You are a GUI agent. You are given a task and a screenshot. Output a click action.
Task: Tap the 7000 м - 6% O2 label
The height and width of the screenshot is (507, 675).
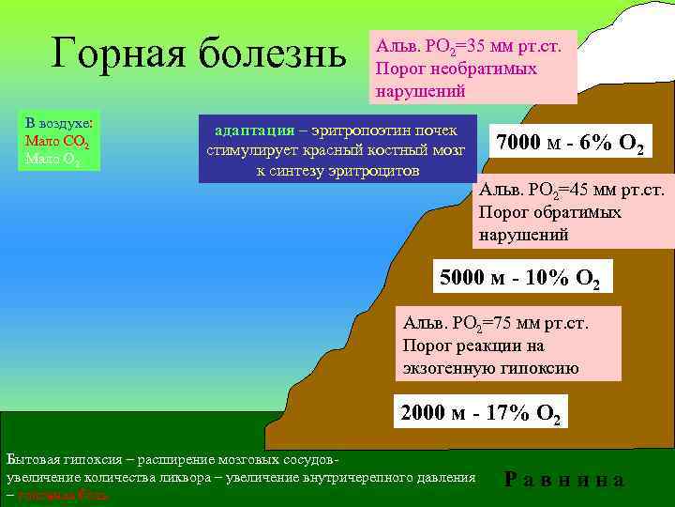569,144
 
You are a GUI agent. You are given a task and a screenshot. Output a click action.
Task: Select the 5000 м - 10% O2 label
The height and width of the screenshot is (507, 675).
518,277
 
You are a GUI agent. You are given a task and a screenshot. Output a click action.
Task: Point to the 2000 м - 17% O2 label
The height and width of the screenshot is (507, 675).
480,412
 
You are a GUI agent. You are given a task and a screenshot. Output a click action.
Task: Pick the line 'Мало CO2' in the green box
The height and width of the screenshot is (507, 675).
56,141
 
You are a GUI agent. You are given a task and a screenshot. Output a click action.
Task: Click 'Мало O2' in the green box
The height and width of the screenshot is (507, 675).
53,158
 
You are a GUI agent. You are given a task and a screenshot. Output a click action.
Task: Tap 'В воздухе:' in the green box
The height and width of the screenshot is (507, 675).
58,123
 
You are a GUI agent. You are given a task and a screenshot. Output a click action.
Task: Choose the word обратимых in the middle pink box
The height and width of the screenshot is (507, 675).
580,212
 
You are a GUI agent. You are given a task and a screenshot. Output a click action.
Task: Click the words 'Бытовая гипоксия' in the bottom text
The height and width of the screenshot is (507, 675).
66,461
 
